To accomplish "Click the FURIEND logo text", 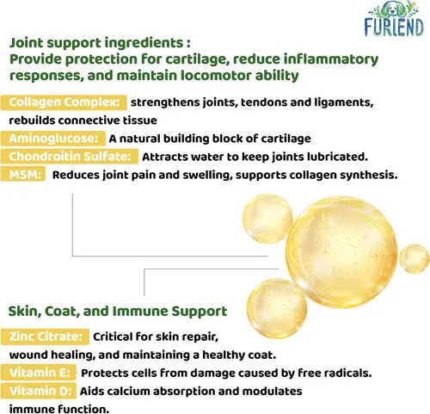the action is click(394, 28).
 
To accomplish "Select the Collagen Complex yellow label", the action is click(64, 102).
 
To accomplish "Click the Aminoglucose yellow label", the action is click(53, 139).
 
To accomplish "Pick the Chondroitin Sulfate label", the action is click(70, 157).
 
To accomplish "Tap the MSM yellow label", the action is click(23, 175).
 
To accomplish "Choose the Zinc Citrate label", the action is click(45, 337).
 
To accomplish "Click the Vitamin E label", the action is click(39, 373).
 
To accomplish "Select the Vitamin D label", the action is click(39, 391).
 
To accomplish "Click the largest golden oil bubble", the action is click(341, 252).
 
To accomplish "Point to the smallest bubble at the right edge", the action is click(415, 258).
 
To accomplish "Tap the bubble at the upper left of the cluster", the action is click(267, 219).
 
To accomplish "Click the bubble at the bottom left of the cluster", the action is click(277, 308).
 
